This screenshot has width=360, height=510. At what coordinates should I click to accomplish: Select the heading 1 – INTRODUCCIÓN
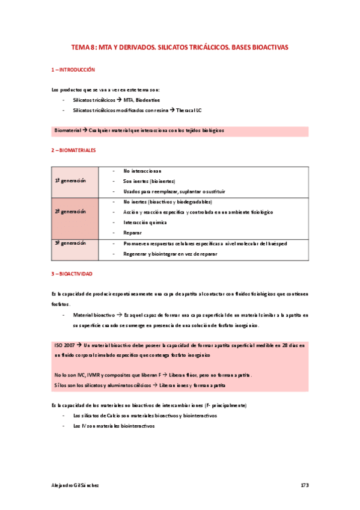point(73,70)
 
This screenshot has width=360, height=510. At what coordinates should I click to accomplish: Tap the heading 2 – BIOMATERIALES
point(73,150)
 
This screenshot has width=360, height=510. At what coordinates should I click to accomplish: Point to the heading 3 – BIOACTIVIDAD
point(72,274)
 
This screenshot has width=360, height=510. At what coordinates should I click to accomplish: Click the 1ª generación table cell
point(70,181)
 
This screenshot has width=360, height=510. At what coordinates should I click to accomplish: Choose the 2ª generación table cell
point(70,212)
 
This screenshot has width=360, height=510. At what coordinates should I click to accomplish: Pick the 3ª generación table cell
point(70,244)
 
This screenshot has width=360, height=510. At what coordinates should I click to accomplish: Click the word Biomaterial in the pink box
point(67,131)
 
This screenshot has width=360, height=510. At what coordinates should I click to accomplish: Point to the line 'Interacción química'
point(145,223)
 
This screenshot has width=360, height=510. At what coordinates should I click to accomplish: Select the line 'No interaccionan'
point(142,171)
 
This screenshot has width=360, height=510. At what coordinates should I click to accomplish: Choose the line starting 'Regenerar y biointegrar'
point(170,254)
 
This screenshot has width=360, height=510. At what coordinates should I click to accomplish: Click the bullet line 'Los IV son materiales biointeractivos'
point(114,426)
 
